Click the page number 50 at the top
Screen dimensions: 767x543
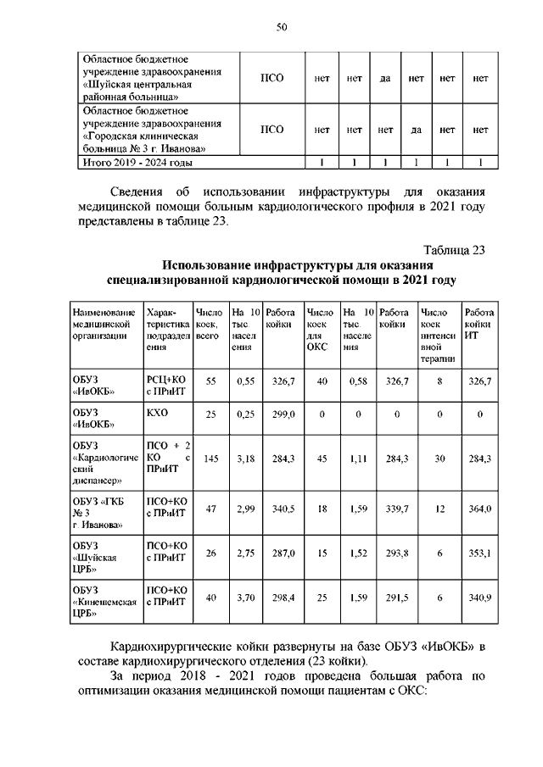coord(281,28)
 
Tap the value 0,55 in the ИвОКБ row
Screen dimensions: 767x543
coord(245,383)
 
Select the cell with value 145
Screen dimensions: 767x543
coord(211,459)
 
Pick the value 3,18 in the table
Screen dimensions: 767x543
coord(245,459)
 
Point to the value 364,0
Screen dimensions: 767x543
coord(480,511)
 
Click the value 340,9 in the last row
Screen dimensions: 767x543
coord(480,597)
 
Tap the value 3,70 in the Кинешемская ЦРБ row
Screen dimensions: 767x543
coord(245,597)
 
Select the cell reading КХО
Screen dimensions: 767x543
coord(158,414)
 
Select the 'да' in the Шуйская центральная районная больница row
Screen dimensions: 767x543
coord(384,79)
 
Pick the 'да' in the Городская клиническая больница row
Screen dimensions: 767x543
coord(416,130)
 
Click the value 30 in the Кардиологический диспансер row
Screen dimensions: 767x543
coord(440,459)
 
